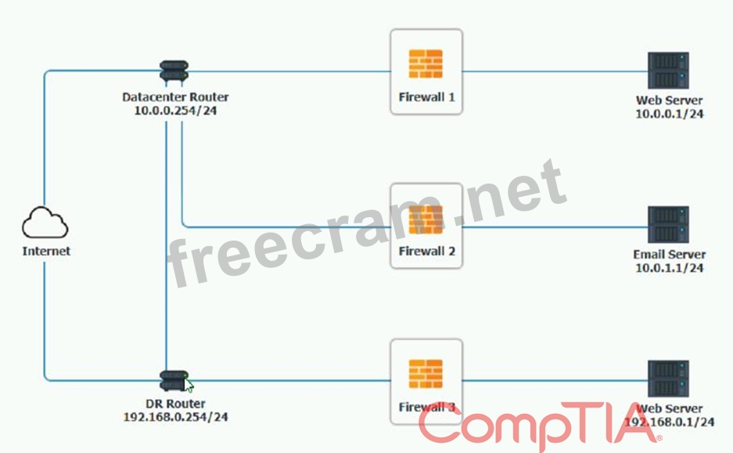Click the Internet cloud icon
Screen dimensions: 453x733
(45, 224)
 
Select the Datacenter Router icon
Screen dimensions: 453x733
(174, 71)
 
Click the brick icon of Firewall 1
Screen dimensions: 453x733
(426, 64)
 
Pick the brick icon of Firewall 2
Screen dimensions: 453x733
(426, 220)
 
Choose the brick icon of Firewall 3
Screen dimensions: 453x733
(426, 374)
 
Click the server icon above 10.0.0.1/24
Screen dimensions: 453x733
(668, 71)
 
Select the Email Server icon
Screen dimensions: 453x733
(668, 225)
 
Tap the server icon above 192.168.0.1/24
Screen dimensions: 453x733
(668, 379)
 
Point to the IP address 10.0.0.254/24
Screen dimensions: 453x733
(175, 112)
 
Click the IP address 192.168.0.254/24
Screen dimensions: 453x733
(175, 417)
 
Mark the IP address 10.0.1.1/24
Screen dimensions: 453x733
(669, 268)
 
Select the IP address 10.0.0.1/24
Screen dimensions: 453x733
(669, 114)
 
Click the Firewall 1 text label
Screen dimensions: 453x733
(426, 98)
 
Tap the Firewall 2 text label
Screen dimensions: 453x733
(426, 251)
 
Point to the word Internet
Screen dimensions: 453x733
(46, 251)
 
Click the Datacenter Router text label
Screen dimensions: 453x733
(175, 98)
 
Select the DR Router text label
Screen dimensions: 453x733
(175, 404)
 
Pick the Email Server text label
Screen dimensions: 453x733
(669, 255)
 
